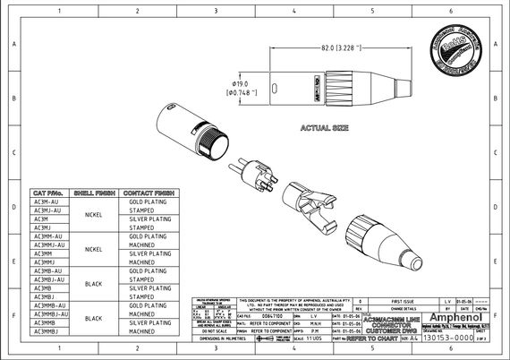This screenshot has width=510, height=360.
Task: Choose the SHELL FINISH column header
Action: [93, 193]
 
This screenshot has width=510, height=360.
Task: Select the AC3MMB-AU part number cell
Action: [49, 305]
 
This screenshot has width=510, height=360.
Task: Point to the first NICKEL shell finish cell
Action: [93, 215]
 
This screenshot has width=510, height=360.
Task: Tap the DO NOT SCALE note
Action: [212, 330]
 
